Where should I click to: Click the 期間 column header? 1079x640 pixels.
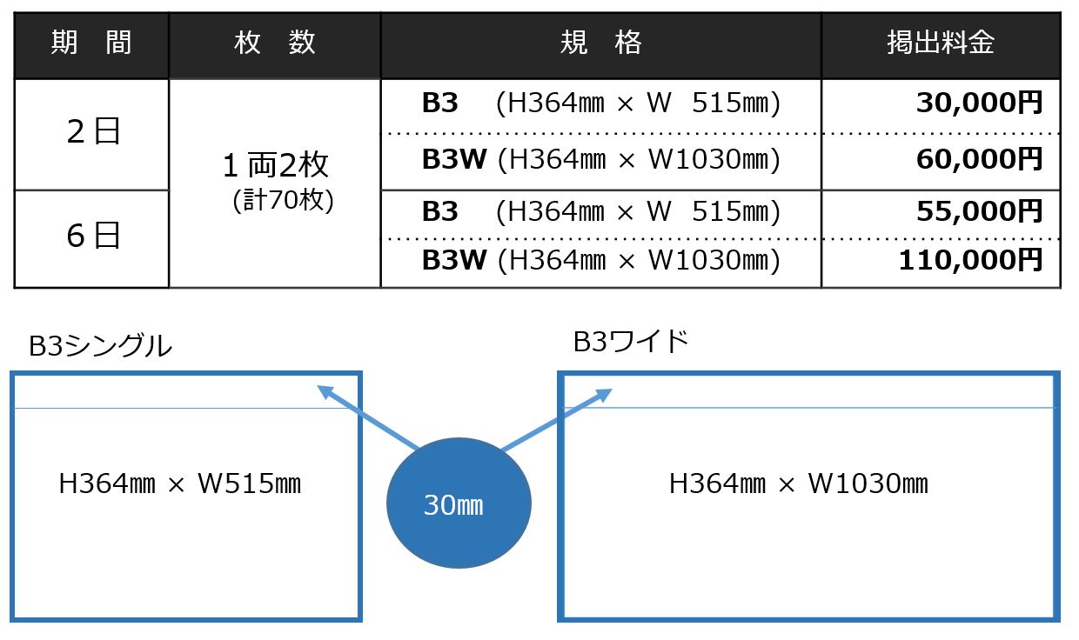click(x=91, y=43)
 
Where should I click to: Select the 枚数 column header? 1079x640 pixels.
click(x=274, y=43)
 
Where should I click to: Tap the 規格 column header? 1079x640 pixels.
click(x=600, y=43)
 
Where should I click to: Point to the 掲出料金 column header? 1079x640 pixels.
click(x=940, y=43)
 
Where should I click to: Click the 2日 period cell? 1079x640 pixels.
click(x=93, y=132)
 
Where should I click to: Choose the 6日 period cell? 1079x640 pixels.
click(x=93, y=236)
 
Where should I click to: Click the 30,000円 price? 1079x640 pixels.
click(x=979, y=103)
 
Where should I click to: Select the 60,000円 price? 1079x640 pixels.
click(x=979, y=159)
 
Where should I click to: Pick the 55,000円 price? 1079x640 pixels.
click(x=979, y=211)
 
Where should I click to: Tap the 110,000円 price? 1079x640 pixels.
click(x=970, y=260)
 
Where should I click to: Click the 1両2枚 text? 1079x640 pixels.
click(x=275, y=165)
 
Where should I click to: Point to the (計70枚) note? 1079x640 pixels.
click(x=283, y=200)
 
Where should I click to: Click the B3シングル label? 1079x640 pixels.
click(x=100, y=346)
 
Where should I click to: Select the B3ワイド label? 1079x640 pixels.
click(x=631, y=342)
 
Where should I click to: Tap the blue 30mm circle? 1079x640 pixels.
click(x=459, y=503)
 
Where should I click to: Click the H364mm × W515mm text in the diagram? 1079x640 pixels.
click(x=179, y=484)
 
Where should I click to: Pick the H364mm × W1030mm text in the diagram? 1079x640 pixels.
click(x=798, y=484)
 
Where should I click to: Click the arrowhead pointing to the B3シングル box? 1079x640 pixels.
click(x=324, y=392)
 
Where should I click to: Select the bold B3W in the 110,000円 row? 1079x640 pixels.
click(x=453, y=260)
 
